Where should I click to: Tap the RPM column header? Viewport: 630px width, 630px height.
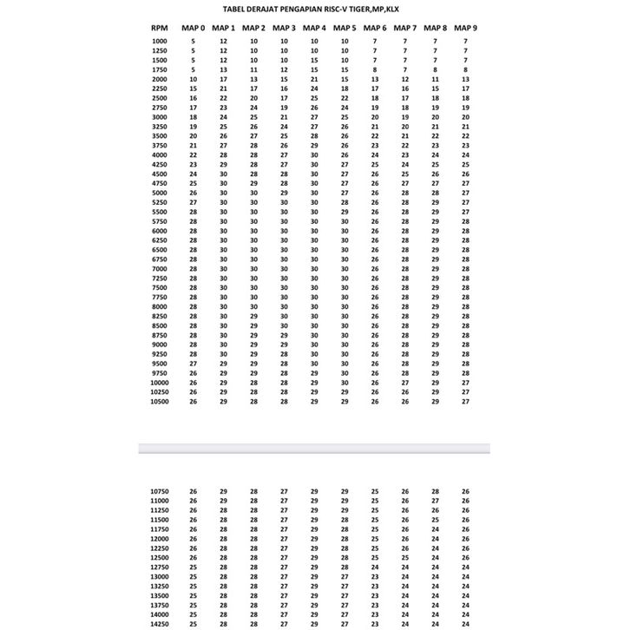click(x=159, y=29)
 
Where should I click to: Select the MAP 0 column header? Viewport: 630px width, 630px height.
click(x=194, y=29)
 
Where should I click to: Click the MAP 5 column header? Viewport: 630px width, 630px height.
click(x=345, y=29)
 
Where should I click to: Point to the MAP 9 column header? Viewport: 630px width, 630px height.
click(x=465, y=29)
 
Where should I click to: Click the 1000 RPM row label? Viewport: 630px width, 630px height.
click(x=159, y=42)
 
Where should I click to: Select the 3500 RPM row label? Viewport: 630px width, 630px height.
click(x=159, y=136)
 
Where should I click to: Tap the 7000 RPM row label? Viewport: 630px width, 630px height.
click(x=159, y=269)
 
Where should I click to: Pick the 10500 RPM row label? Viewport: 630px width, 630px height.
click(x=159, y=402)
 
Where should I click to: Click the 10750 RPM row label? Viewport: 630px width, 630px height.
click(x=160, y=492)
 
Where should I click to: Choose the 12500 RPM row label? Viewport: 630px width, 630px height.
click(x=160, y=558)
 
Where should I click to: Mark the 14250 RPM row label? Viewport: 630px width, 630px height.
click(x=160, y=624)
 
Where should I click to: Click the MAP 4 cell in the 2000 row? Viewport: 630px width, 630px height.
click(x=314, y=79)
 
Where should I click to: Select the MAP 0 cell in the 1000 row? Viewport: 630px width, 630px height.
click(x=194, y=42)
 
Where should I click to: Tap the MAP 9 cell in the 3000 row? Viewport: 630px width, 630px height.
click(x=465, y=117)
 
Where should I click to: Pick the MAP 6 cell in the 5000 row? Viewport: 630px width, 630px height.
click(x=375, y=193)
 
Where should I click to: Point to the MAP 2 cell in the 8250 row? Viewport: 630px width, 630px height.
click(x=254, y=317)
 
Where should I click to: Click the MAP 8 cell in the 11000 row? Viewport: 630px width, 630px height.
click(x=436, y=502)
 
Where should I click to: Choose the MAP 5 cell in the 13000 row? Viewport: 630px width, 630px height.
click(x=345, y=577)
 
